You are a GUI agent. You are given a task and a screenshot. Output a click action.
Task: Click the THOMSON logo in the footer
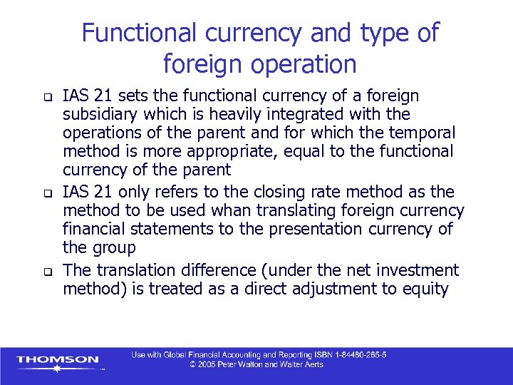[x=58, y=360]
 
